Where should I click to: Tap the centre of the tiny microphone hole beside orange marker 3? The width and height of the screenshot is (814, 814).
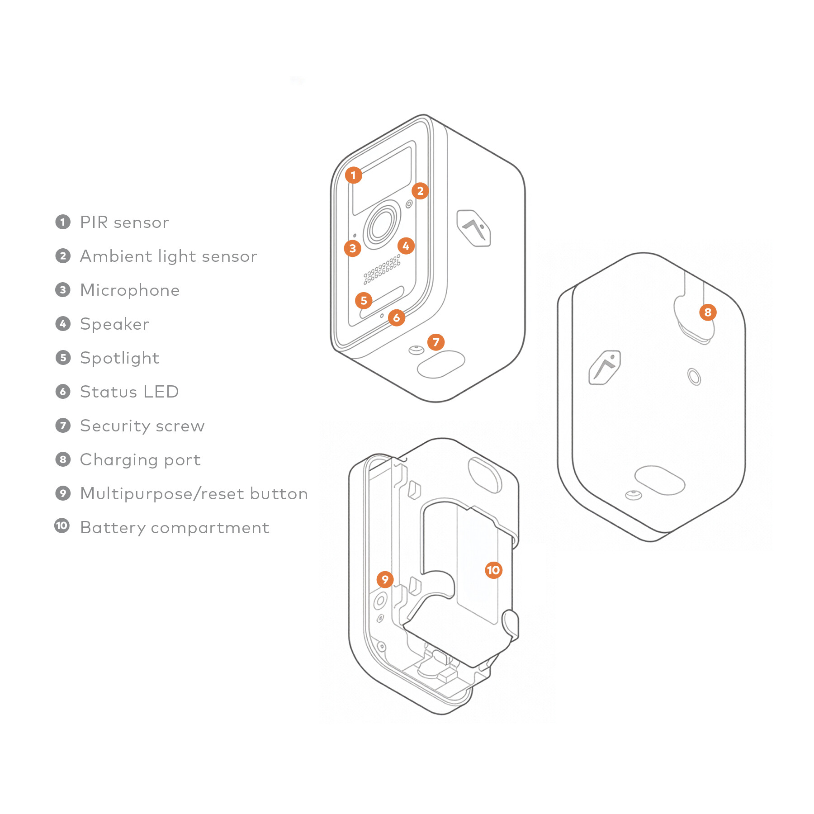click(355, 236)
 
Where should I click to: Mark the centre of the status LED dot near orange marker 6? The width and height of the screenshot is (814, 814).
click(382, 316)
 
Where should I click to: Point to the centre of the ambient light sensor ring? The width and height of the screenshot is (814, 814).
click(409, 204)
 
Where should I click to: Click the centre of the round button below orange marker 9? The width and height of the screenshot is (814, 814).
click(380, 601)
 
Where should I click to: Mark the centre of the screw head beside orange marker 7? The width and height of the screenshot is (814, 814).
click(416, 350)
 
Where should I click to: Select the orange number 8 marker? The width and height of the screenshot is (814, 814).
click(708, 312)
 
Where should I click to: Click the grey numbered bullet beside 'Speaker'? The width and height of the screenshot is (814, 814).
click(63, 324)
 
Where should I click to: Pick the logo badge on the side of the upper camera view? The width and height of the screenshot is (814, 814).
click(473, 228)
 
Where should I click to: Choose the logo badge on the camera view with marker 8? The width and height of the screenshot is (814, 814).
click(605, 367)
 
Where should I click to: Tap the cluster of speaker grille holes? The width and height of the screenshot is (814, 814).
click(382, 269)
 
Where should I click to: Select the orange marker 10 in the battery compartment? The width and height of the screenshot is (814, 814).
click(493, 570)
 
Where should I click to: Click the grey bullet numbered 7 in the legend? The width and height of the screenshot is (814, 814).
click(63, 426)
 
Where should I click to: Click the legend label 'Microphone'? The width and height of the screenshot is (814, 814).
click(130, 290)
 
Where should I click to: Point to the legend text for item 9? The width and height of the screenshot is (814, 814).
click(194, 493)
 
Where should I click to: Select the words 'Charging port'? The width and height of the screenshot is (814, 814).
click(140, 459)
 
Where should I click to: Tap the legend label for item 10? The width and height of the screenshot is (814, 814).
click(175, 527)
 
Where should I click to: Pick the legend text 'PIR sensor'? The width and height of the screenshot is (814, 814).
click(124, 222)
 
